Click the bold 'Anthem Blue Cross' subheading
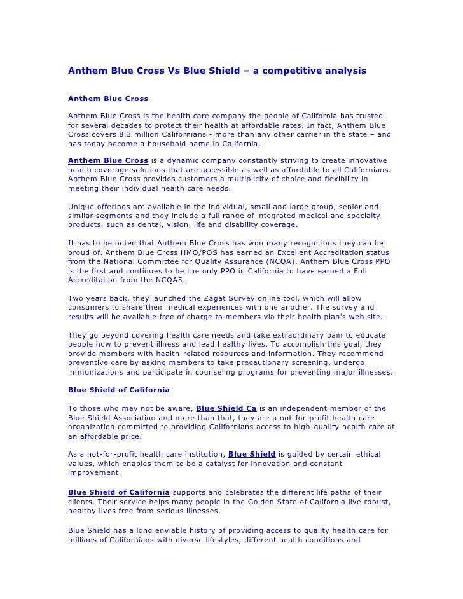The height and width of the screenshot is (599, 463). (x=108, y=99)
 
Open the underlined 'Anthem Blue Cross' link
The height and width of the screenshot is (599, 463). (x=108, y=160)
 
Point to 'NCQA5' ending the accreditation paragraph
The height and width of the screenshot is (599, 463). (x=157, y=280)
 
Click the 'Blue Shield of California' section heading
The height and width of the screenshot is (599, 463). (x=118, y=390)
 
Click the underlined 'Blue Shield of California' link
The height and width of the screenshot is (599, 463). (x=118, y=492)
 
